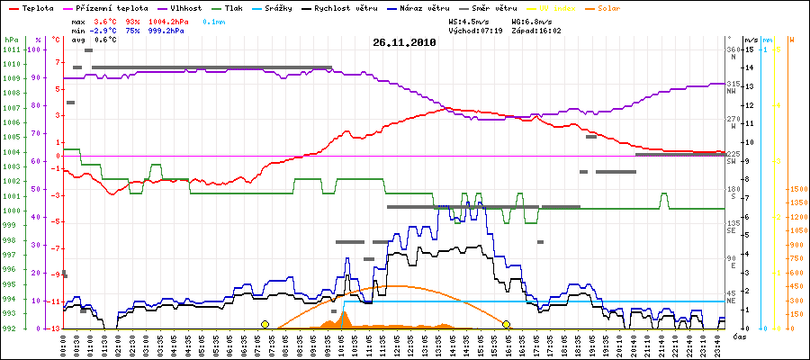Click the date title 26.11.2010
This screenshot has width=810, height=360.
[x=404, y=41]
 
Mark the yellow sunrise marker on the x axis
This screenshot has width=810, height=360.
[x=265, y=324]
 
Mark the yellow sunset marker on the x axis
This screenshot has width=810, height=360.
[x=507, y=324]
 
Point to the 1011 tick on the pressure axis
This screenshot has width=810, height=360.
[x=10, y=49]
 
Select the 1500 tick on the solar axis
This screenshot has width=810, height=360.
[x=796, y=190]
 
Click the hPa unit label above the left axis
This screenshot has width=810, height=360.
[x=10, y=40]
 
